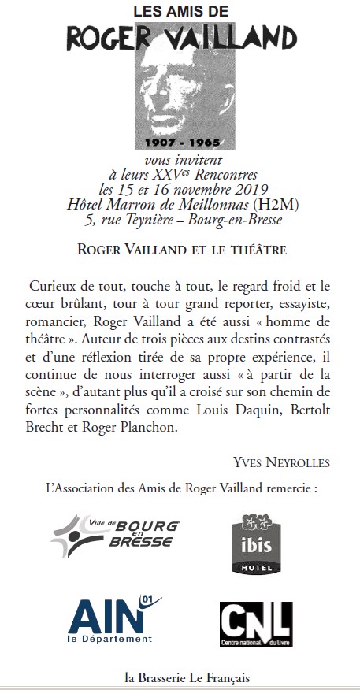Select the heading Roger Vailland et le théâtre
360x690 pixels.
[180, 250]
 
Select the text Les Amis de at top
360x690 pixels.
[180, 12]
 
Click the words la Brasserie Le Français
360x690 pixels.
[180, 676]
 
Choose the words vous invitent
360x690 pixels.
[179, 161]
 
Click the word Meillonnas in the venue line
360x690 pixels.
[203, 205]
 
